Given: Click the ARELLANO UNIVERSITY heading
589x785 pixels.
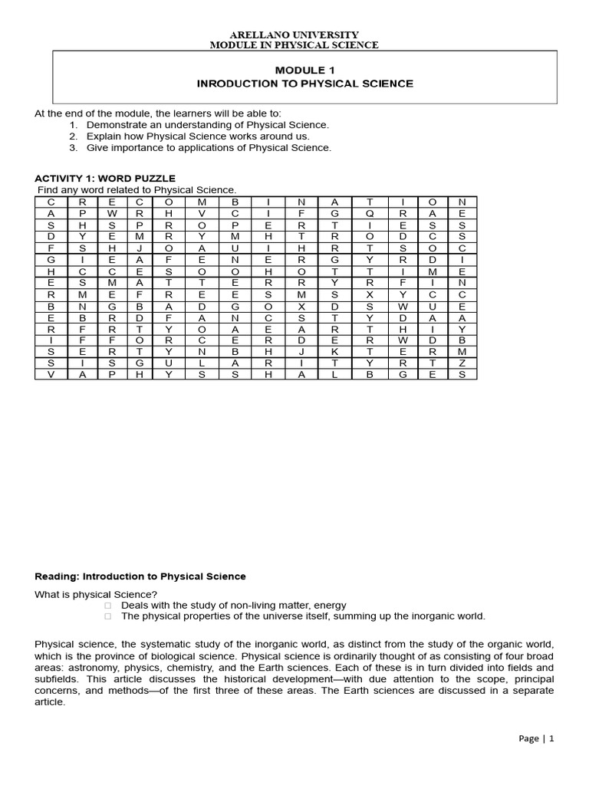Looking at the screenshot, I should coord(294,35).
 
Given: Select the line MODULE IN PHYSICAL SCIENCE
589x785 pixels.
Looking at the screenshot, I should coord(294,45).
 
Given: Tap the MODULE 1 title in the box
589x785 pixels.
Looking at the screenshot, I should coord(304,71).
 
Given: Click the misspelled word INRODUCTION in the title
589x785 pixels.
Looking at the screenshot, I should coord(231,84).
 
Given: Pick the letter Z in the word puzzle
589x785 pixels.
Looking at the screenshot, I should coord(462,363).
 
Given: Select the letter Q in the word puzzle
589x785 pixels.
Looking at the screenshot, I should coord(369,213).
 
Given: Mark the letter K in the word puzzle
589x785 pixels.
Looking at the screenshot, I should coord(334,351).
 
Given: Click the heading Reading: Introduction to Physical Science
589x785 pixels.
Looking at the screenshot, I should coord(140,576).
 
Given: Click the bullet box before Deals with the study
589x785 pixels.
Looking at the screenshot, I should coord(107,605).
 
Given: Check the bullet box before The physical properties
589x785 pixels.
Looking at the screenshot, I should coord(107,616).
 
